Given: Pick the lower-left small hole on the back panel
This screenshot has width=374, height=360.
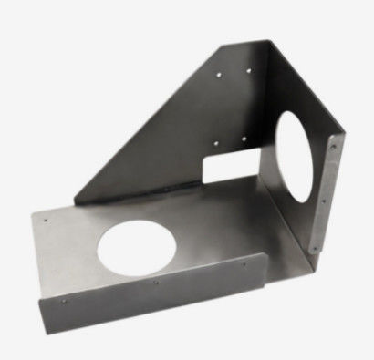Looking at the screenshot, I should (x=215, y=141).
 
